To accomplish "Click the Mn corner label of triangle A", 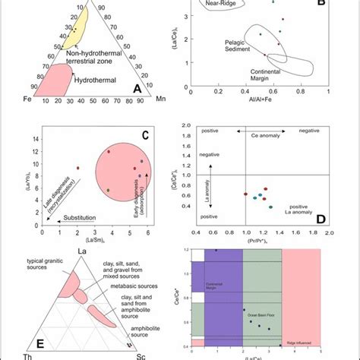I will [160, 98].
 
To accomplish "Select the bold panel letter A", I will [138, 88].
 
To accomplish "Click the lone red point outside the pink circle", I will [77, 168].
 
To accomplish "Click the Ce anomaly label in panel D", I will [257, 132].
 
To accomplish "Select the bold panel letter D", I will [321, 217].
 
